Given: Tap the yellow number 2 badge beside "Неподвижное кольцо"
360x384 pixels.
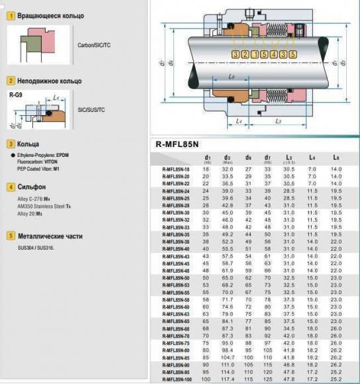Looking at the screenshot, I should point(11,81).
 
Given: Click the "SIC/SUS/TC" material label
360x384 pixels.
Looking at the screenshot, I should point(91,109).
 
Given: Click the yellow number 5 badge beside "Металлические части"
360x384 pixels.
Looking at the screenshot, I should point(11,235).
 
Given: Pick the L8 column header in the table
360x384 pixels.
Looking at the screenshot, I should point(336,158).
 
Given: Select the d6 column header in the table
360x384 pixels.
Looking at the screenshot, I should point(248,158).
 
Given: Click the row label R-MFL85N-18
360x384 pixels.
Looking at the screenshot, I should point(175,170).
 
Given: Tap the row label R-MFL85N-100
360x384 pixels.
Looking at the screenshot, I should point(175,379).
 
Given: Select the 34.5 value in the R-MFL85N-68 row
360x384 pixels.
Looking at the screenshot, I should point(289,329).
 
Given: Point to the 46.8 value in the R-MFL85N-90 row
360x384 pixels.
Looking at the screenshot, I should point(289,365).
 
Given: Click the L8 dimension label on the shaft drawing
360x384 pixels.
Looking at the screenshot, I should point(231,77).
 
